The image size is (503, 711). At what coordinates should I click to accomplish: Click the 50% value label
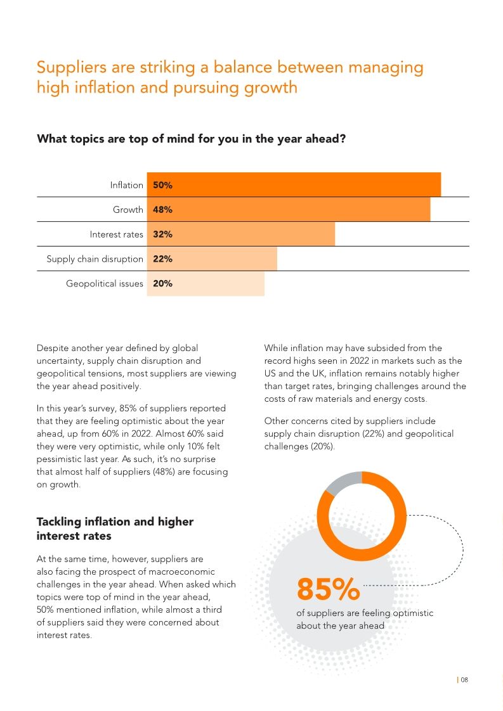[162, 185]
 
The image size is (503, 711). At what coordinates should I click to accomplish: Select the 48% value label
[162, 210]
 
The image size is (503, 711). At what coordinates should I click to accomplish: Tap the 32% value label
[162, 234]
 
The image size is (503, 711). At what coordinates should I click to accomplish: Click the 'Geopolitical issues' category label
[105, 284]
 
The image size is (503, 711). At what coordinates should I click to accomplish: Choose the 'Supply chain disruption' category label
[95, 259]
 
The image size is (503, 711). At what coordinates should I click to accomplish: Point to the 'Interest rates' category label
[117, 234]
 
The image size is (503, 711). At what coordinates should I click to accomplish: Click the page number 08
[464, 680]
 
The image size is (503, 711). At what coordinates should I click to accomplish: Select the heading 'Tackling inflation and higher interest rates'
[115, 528]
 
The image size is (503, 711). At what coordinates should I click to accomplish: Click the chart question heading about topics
[191, 138]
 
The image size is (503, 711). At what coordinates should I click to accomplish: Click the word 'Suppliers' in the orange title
[71, 67]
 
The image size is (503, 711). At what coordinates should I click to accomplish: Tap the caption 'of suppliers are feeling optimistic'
[365, 613]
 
